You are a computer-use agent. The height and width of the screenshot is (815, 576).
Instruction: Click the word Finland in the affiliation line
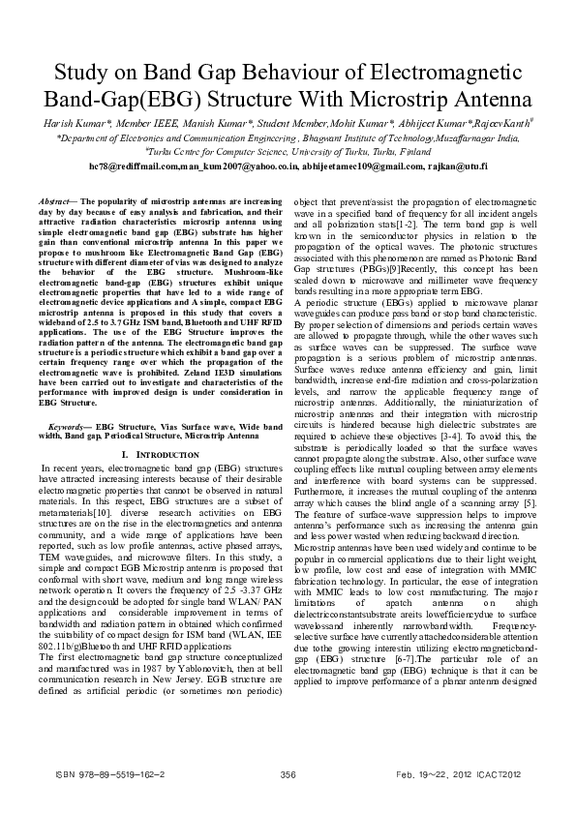coord(412,152)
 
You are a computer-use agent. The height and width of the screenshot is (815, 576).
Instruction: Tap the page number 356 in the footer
coord(287,774)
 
